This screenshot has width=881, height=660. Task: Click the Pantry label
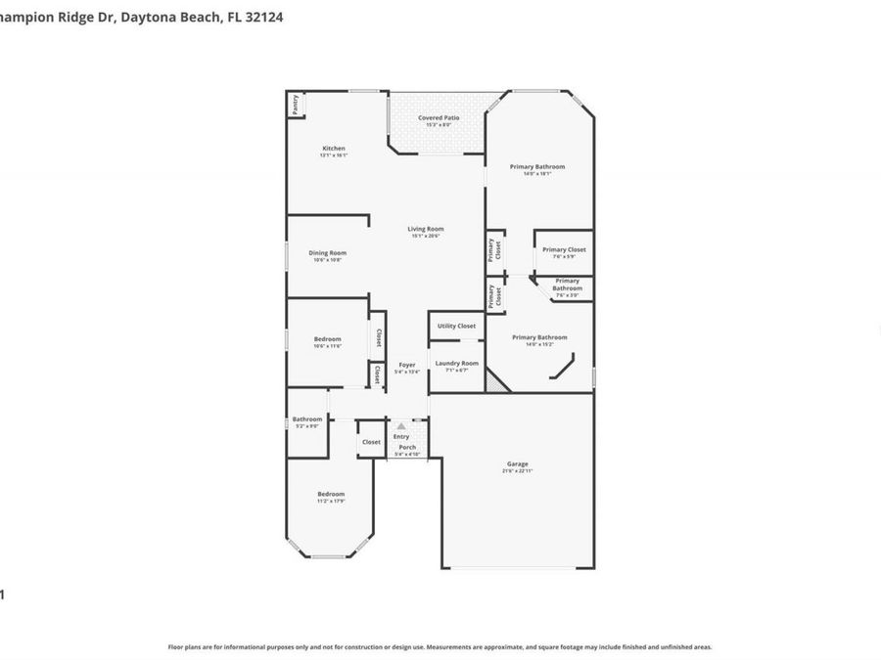[x=295, y=105]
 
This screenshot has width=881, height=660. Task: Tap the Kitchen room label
[x=334, y=149]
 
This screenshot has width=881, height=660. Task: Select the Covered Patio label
[x=438, y=118]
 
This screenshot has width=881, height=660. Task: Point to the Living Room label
[x=426, y=229]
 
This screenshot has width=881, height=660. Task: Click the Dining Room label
[x=329, y=252]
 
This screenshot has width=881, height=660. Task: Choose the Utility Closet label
[x=456, y=326]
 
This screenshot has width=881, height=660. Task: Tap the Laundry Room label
[x=456, y=363]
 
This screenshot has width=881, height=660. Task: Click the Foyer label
[x=406, y=365]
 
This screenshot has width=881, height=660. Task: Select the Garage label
[x=517, y=463]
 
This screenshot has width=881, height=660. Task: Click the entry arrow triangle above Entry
[x=400, y=426]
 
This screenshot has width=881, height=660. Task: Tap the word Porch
[x=406, y=447]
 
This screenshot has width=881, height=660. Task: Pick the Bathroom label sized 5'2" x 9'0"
[x=306, y=419]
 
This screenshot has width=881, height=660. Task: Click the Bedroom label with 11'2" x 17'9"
[x=331, y=494]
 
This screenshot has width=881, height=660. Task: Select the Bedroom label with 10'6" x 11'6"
[x=327, y=339]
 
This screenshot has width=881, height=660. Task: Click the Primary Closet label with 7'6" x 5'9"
[x=564, y=249]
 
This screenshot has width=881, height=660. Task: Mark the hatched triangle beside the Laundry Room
[x=497, y=383]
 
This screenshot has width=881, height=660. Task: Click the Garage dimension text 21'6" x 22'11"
[x=517, y=471]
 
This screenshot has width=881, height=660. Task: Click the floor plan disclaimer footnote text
[x=440, y=646]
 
